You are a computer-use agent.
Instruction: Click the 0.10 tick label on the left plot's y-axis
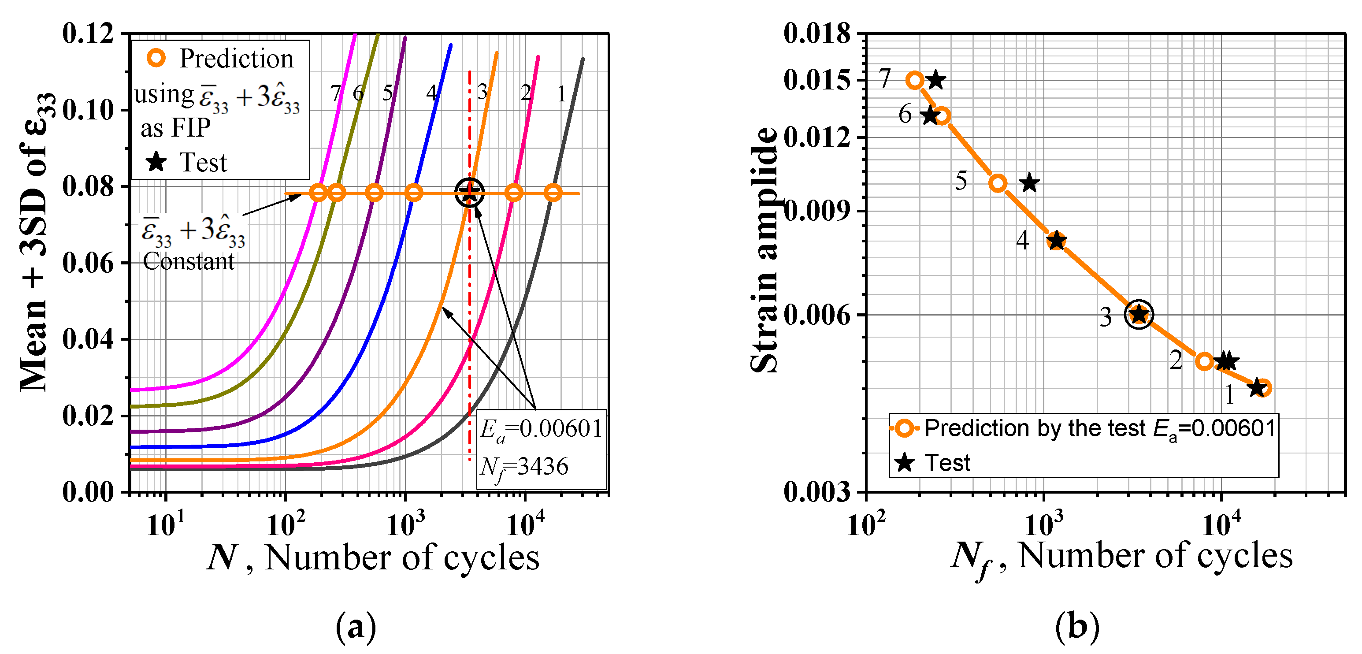[88, 111]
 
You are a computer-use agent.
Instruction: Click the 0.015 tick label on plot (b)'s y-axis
[817, 80]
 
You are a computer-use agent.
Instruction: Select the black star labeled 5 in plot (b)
[1029, 183]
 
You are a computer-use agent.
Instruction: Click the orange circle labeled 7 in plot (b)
[915, 80]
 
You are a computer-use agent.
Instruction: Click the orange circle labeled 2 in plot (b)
[1204, 362]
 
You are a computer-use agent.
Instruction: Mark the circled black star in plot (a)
[469, 193]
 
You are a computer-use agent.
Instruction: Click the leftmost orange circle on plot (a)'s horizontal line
[318, 193]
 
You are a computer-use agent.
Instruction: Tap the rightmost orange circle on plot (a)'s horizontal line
[553, 193]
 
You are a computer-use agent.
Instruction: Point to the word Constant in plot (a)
[188, 261]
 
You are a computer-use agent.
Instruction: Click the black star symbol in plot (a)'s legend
[156, 162]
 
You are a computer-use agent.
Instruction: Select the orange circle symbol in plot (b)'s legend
[905, 428]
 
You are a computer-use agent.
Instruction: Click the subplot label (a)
[356, 627]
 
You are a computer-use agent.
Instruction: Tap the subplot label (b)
[1077, 627]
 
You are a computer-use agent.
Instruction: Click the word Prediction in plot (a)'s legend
[236, 58]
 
